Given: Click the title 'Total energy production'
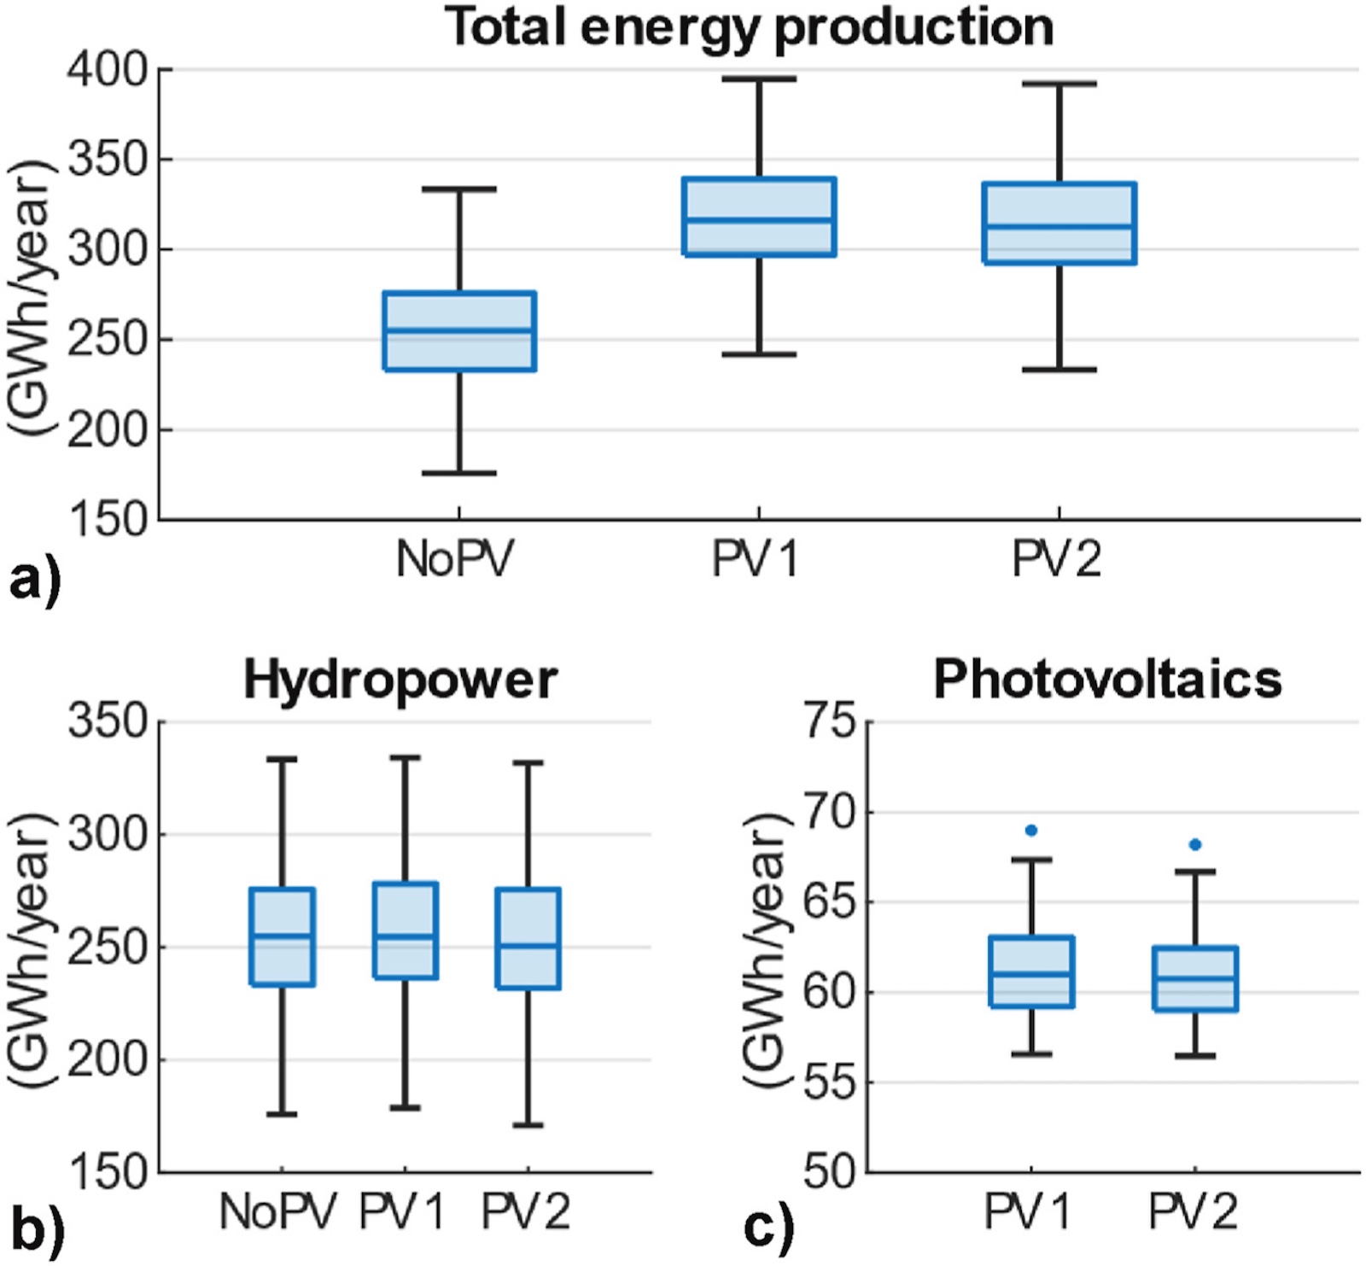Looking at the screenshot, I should tap(749, 27).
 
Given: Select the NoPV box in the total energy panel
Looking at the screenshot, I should tap(459, 331).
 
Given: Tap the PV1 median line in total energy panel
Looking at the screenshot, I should tap(759, 220).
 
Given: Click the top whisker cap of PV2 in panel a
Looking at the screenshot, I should tap(1059, 85).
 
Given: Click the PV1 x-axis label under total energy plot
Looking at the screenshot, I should tap(755, 560).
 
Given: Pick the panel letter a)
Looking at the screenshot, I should tap(34, 582).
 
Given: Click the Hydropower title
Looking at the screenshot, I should tap(400, 680).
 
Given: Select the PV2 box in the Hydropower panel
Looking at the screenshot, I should tap(528, 938).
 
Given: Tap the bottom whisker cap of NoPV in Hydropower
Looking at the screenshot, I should tap(282, 1114).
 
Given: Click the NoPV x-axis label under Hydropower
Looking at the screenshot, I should tap(278, 1211).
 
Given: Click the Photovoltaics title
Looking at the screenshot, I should tap(1107, 680).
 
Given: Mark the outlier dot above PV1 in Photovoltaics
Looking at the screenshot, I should tap(1031, 831).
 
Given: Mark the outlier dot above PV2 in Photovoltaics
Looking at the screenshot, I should tap(1195, 844).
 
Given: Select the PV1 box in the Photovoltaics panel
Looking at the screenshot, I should tap(1031, 971).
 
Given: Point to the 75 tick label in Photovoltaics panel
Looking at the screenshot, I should tap(828, 721).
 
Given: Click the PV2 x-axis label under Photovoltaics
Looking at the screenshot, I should tap(1193, 1211).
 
